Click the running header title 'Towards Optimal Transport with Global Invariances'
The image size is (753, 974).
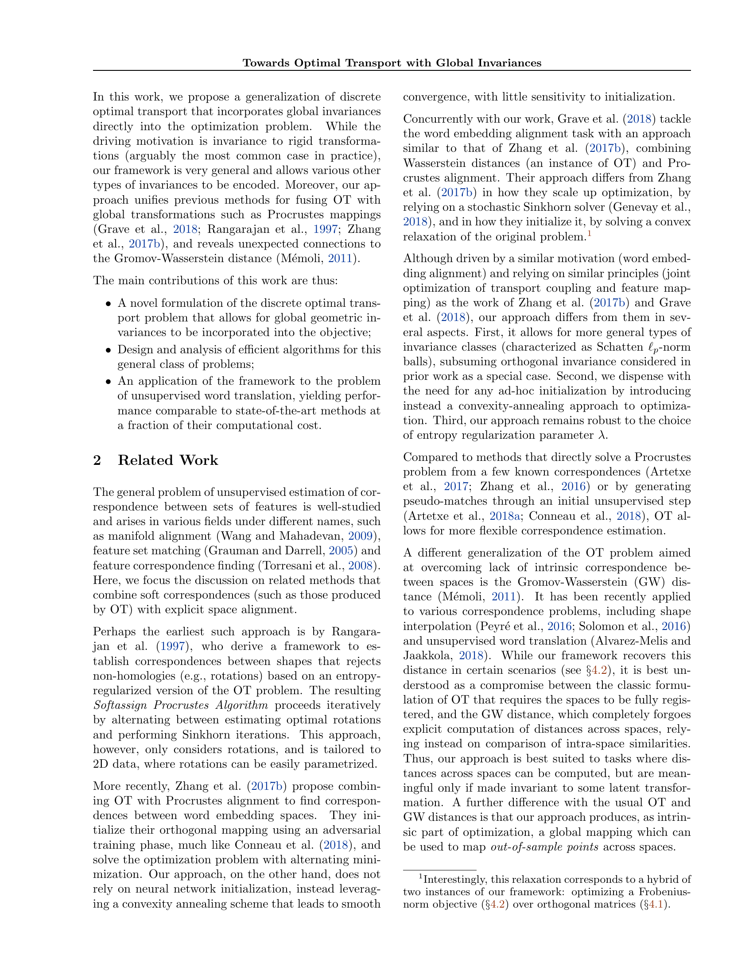click(x=392, y=63)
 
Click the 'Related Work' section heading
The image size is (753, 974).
click(x=168, y=460)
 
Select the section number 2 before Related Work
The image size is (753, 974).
click(x=97, y=460)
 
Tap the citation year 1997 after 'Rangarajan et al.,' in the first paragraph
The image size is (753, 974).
click(x=325, y=229)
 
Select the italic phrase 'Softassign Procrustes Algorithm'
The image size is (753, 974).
click(x=181, y=705)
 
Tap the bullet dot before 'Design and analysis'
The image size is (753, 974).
click(x=108, y=350)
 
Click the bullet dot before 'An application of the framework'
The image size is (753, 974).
click(x=108, y=382)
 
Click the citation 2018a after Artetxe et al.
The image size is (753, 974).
click(x=501, y=516)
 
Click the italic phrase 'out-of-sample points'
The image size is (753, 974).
click(x=544, y=847)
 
